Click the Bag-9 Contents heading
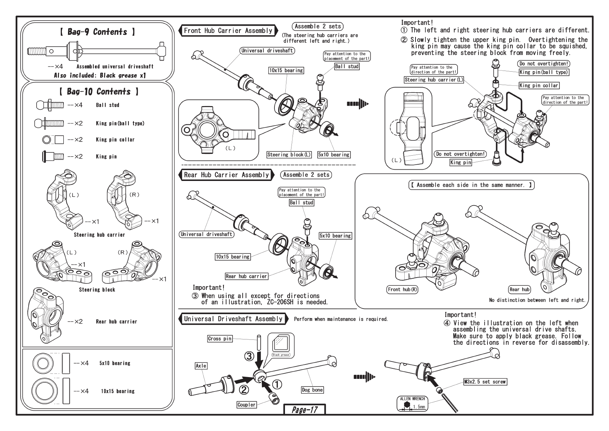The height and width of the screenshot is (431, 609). click(97, 32)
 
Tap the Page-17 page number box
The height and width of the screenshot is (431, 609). click(304, 410)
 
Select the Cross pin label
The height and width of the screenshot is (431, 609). click(220, 339)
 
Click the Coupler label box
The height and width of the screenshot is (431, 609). click(247, 405)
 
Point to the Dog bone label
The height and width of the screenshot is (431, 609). click(312, 390)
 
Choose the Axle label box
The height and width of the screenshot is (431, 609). click(201, 366)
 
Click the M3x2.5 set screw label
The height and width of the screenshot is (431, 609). click(485, 382)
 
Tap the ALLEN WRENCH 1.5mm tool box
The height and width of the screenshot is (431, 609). click(413, 403)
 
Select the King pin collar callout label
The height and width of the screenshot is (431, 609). click(539, 85)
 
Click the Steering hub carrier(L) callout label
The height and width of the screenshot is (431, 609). click(434, 80)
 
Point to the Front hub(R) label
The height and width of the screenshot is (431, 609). click(403, 290)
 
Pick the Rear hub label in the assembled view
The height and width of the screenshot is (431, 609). click(519, 289)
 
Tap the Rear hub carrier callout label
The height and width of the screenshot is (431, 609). click(246, 276)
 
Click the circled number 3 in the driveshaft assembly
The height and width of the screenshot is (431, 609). click(249, 356)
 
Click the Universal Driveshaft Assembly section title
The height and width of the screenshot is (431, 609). click(233, 319)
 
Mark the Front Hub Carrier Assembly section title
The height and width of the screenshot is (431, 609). click(228, 31)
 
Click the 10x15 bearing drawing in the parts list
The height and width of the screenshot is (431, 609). click(45, 391)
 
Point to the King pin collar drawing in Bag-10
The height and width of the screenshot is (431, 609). click(53, 140)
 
